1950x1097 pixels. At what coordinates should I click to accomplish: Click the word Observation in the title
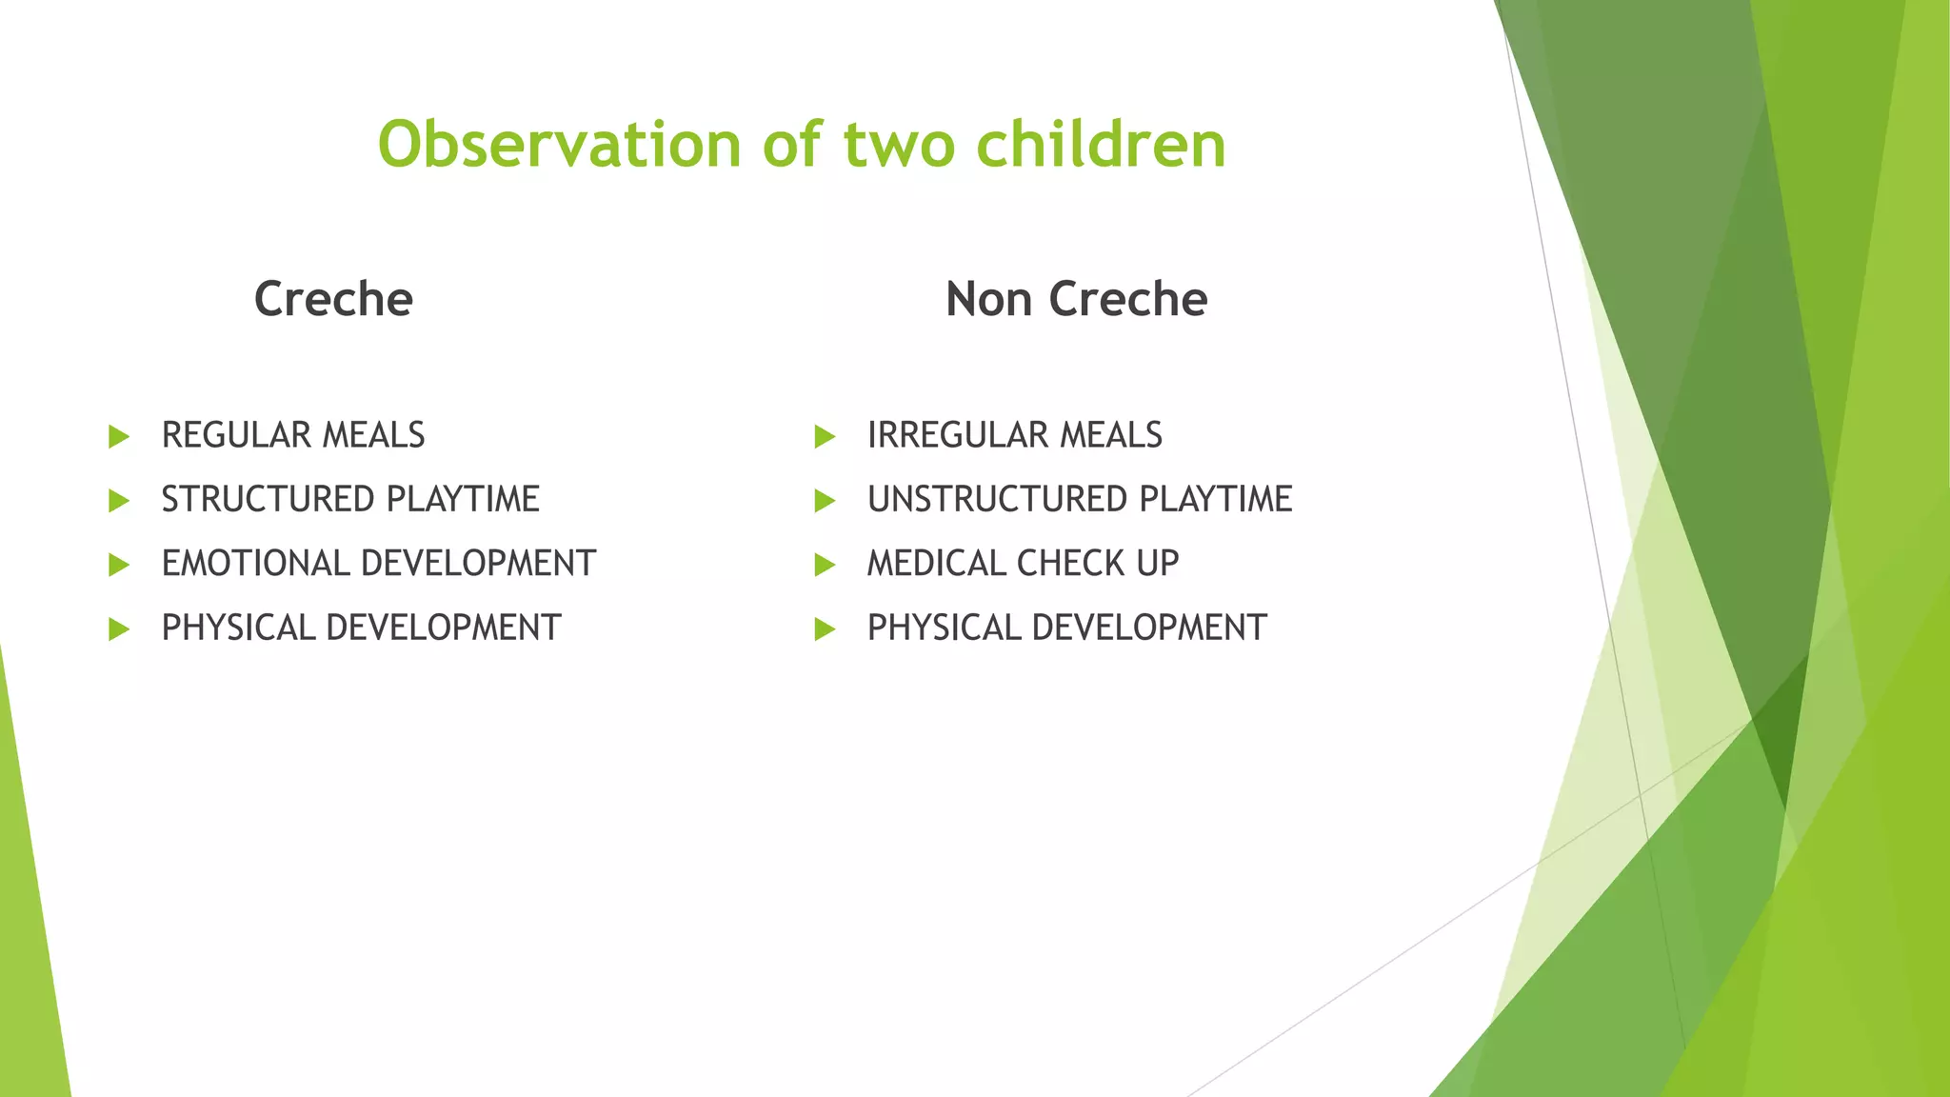559,145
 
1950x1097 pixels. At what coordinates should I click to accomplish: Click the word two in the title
900,145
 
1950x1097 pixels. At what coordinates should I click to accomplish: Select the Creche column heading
333,299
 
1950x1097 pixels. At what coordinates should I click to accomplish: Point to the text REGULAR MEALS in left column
293,435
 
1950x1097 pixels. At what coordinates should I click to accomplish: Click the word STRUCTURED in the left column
268,499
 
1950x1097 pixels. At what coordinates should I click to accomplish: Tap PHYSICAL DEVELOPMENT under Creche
361,628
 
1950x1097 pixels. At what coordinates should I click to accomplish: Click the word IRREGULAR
957,435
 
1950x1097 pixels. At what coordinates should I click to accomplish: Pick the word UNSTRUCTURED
997,499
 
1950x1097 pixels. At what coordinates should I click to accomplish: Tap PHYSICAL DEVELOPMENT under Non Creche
1066,628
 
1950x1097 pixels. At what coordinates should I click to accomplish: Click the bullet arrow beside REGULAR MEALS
119,437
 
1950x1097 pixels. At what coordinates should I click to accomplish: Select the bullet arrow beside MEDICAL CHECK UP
825,566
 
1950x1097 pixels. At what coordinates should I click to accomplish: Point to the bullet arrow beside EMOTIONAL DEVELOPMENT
119,566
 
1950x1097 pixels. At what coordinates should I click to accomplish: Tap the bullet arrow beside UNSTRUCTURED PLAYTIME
825,501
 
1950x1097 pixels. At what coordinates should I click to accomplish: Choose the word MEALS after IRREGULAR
1111,435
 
